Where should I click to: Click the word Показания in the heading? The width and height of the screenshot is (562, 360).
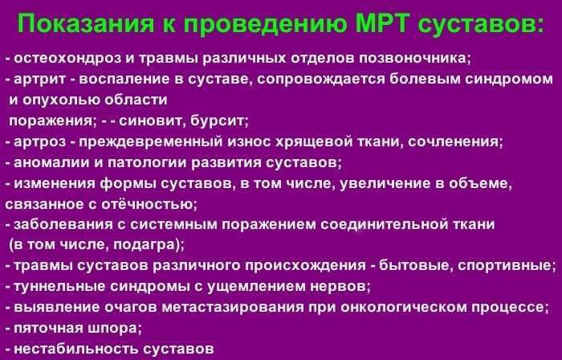point(80,23)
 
